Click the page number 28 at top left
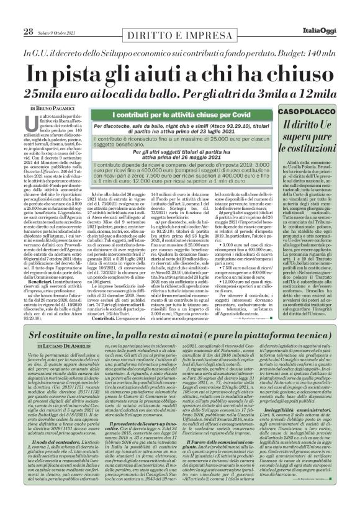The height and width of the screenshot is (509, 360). pyautogui.click(x=28, y=14)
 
